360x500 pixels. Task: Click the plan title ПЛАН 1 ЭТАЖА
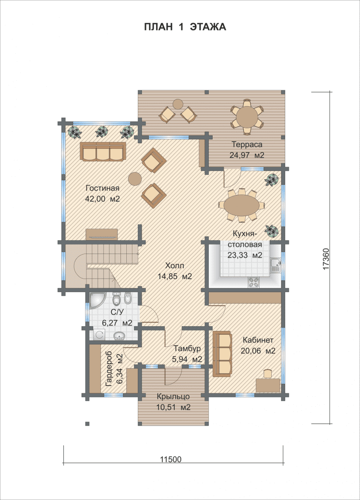(185, 27)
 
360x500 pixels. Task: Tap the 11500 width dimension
(170, 460)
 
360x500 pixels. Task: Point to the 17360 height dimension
(325, 259)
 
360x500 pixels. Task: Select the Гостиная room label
(102, 188)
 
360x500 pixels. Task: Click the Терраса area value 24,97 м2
(247, 155)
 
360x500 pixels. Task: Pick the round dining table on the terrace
(247, 117)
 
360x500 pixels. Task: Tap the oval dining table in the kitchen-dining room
(241, 205)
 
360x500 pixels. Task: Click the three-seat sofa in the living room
(103, 152)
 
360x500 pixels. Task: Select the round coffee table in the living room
(135, 179)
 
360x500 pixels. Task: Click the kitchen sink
(275, 265)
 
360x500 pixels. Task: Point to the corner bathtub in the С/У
(97, 300)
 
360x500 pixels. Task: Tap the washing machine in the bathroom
(99, 335)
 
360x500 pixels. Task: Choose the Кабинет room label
(258, 340)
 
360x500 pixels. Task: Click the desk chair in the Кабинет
(268, 373)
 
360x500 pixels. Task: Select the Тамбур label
(187, 348)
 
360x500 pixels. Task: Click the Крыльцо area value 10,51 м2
(173, 407)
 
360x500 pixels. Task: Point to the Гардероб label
(109, 368)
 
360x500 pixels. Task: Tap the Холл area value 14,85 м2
(175, 277)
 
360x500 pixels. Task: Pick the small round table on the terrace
(178, 104)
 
